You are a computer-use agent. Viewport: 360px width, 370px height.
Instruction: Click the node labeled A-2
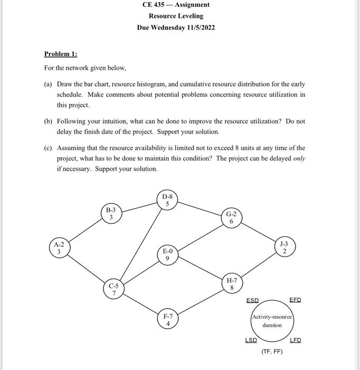click(59, 248)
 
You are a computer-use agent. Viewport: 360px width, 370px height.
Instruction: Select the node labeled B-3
click(111, 214)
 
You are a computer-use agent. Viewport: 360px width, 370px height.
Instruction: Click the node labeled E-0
click(167, 255)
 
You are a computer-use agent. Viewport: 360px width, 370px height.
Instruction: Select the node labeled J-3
click(284, 247)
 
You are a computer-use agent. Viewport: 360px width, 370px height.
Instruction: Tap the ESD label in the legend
click(253, 300)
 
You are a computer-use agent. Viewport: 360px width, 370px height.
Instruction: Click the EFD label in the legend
click(295, 300)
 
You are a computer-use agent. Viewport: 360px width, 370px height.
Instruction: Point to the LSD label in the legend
click(251, 340)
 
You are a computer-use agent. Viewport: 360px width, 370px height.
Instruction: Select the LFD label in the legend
click(295, 340)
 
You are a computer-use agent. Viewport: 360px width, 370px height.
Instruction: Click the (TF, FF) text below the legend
click(272, 351)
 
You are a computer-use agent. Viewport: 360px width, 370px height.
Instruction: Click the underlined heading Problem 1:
click(60, 54)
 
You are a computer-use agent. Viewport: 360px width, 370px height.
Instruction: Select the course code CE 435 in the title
click(154, 5)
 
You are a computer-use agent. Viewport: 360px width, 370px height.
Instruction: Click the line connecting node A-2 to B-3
click(84, 231)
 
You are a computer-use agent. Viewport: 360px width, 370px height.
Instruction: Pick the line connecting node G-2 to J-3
click(258, 233)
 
